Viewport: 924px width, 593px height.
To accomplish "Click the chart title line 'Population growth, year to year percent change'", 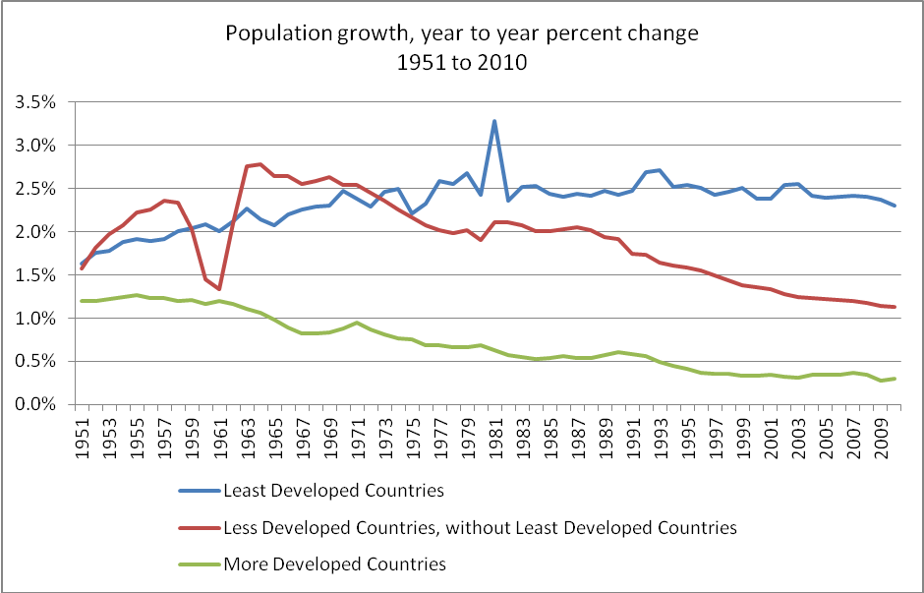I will pyautogui.click(x=461, y=33).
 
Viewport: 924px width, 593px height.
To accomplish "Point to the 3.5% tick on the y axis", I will pyautogui.click(x=42, y=102).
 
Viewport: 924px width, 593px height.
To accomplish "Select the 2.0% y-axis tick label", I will pyautogui.click(x=42, y=232).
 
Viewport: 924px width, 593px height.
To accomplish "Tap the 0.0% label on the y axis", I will pyautogui.click(x=42, y=404).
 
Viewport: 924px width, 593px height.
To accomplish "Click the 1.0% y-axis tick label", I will pyautogui.click(x=42, y=319).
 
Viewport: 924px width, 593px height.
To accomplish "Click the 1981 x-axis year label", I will pyautogui.click(x=494, y=432).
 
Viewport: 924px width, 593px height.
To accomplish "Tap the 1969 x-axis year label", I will pyautogui.click(x=329, y=432).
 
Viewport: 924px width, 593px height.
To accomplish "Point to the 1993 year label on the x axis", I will pyautogui.click(x=660, y=432).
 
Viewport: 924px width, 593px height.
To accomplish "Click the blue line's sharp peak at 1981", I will pyautogui.click(x=494, y=121).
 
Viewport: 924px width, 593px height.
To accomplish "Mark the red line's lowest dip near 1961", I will pyautogui.click(x=219, y=289).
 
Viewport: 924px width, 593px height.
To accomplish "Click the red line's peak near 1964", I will pyautogui.click(x=260, y=164).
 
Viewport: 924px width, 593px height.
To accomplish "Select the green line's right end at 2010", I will pyautogui.click(x=895, y=379).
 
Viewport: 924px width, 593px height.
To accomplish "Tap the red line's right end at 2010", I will pyautogui.click(x=895, y=307).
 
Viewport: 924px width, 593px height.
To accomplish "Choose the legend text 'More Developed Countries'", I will pyautogui.click(x=335, y=563).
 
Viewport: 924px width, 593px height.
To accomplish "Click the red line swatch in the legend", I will pyautogui.click(x=199, y=528).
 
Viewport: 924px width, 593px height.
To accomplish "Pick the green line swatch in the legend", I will pyautogui.click(x=199, y=564).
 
